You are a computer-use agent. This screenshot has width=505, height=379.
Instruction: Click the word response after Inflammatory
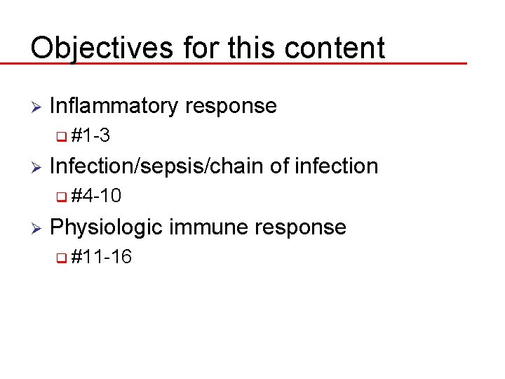click(x=231, y=107)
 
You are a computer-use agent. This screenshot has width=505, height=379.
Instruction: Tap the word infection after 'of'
click(x=336, y=166)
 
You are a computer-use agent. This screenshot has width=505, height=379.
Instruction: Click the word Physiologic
click(x=106, y=227)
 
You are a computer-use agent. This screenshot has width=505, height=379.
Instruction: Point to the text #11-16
click(x=102, y=258)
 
